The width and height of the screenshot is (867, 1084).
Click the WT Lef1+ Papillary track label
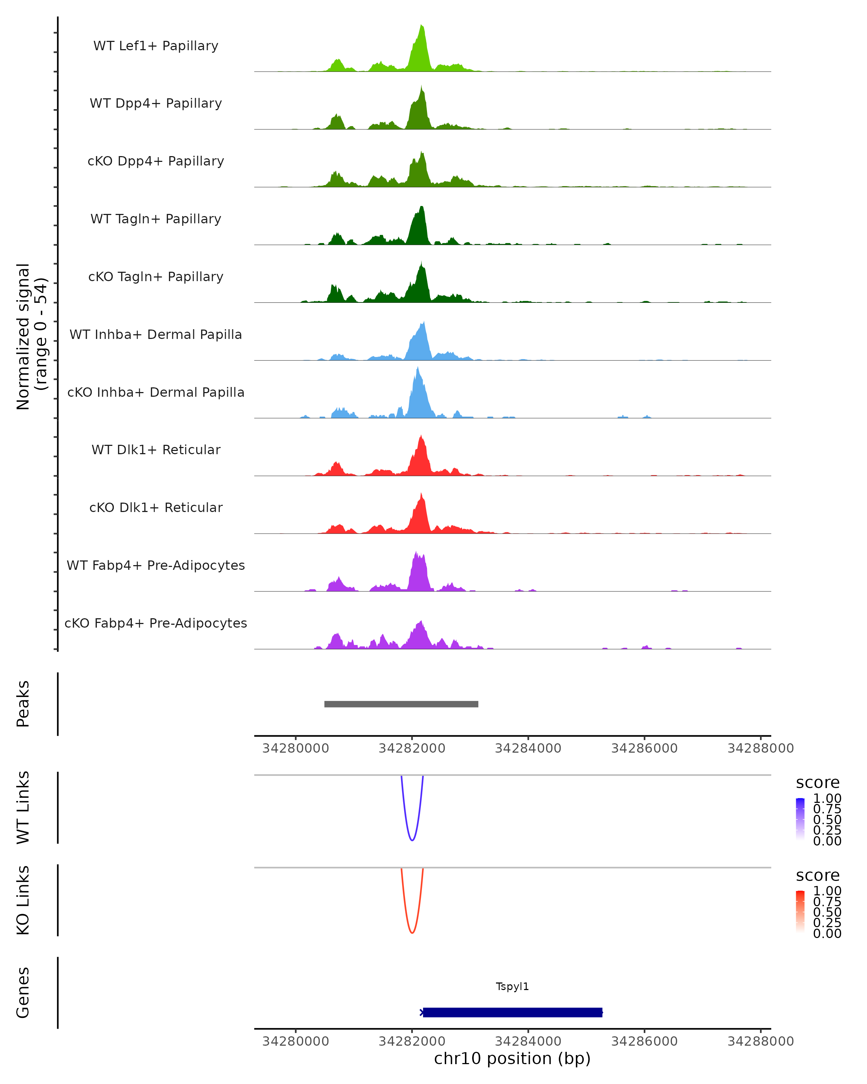point(156,46)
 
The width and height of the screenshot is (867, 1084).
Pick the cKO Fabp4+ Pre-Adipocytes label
point(156,623)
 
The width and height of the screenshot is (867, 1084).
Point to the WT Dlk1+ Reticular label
point(156,449)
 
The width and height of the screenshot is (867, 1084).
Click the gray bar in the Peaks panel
point(401,704)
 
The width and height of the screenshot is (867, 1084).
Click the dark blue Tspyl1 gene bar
point(513,1012)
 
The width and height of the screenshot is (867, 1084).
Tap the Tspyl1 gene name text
point(512,986)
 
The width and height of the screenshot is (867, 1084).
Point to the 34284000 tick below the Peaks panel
point(528,748)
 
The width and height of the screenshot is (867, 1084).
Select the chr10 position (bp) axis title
point(512,1058)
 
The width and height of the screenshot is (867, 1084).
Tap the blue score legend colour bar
point(800,819)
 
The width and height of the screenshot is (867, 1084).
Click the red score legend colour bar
point(800,912)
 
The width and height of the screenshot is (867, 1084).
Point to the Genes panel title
point(23,993)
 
